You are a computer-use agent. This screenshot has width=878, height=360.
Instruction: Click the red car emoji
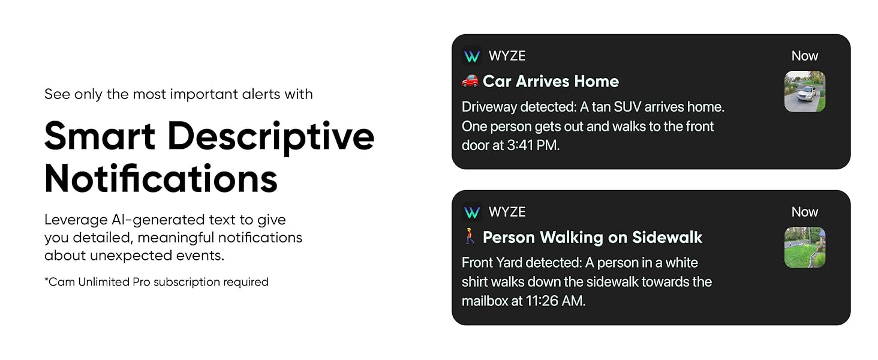coord(470,80)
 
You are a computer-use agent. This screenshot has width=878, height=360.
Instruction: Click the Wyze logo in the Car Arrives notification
coord(472,56)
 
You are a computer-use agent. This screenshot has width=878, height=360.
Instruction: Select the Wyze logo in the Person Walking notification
coord(472,212)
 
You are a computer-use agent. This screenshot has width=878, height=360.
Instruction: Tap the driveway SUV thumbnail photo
coord(805,91)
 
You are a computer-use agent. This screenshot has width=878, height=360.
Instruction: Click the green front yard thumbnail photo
coord(805,247)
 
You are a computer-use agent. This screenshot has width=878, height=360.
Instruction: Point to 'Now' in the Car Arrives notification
coord(804,56)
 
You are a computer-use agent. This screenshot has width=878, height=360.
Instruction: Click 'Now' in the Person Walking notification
coord(804,212)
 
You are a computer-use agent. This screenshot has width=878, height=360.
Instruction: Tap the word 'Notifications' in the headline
coord(161,178)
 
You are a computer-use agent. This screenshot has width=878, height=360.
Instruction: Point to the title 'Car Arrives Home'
coord(551,81)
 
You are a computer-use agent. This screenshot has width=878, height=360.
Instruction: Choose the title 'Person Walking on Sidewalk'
coord(592,237)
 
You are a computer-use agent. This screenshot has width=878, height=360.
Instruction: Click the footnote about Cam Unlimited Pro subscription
coord(156,282)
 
